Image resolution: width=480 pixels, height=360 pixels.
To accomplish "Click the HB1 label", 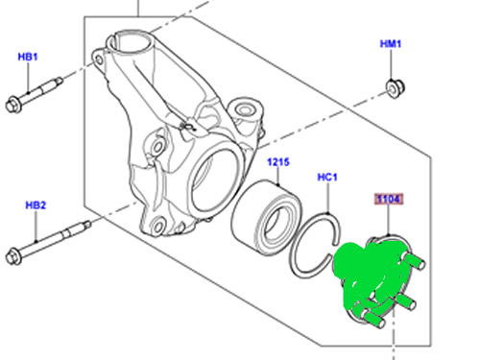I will [x=27, y=58].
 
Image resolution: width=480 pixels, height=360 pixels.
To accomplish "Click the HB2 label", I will [x=35, y=204].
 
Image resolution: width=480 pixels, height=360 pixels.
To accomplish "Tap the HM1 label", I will [x=391, y=44].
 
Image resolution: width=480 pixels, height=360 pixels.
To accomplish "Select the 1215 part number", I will [x=278, y=162].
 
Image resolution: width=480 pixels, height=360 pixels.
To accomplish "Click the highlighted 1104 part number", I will [x=387, y=200].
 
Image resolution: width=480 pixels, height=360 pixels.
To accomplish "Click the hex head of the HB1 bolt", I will [x=14, y=103].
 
